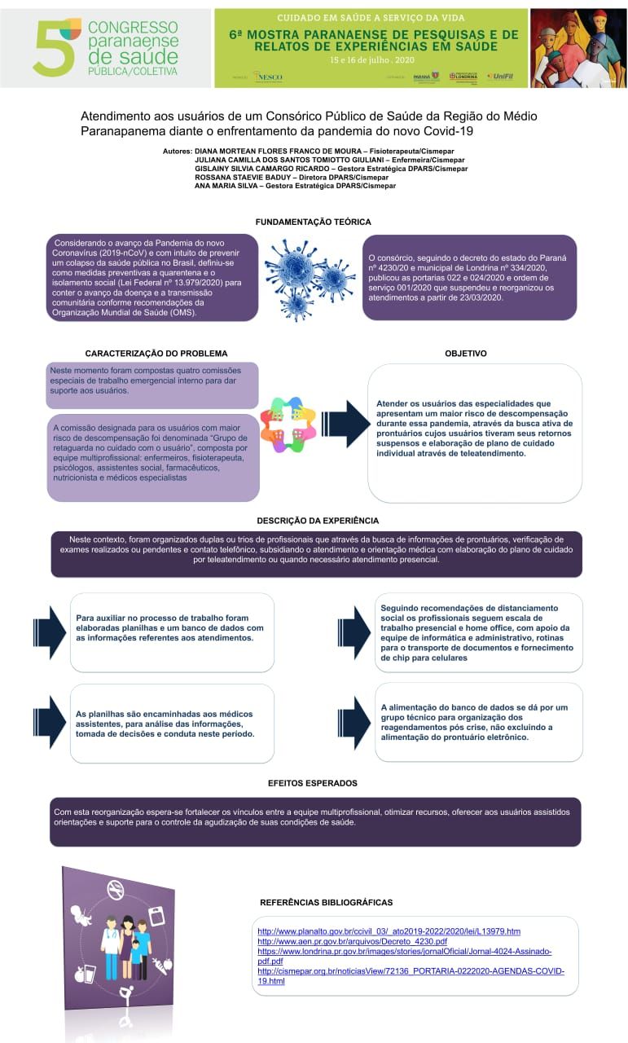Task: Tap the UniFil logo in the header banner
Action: (500, 77)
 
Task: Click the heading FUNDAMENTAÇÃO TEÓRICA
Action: (314, 222)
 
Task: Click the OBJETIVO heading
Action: (466, 354)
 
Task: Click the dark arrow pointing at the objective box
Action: (347, 424)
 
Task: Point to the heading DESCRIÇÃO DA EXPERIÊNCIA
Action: (318, 520)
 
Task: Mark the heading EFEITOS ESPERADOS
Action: (313, 783)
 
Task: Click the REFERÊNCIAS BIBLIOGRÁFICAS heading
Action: (326, 902)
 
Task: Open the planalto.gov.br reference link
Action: (389, 931)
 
